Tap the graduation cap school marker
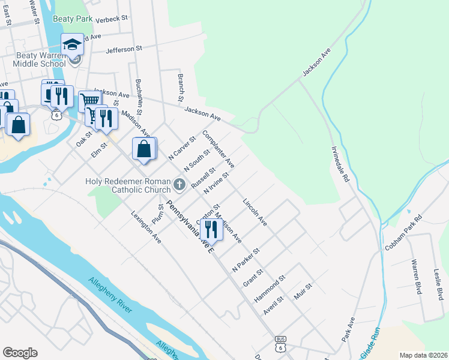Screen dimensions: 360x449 [x=73, y=44]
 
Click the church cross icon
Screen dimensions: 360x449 [x=179, y=183]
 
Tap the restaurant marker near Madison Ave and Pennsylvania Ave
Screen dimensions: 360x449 [x=211, y=230]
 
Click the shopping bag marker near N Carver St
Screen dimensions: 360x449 [x=144, y=149]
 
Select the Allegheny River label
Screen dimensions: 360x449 [x=110, y=295]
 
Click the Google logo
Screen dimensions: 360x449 [x=20, y=353]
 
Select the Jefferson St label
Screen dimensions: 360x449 [x=124, y=49]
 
